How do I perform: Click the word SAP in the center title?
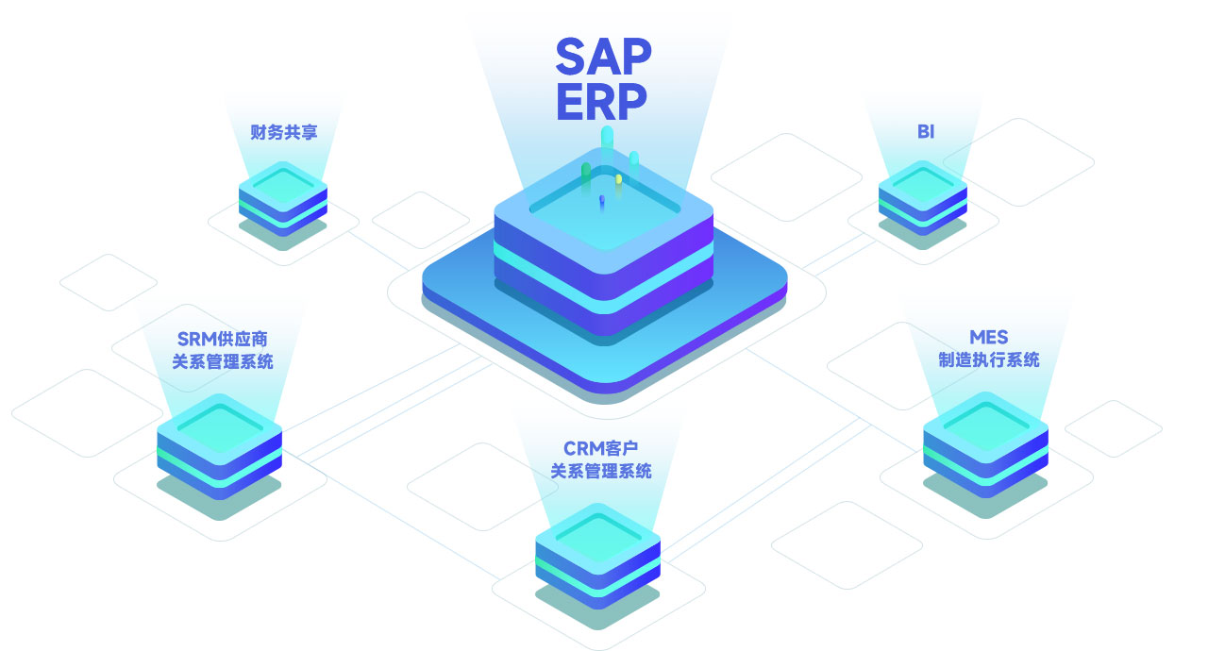(x=602, y=58)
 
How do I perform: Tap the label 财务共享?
(x=284, y=132)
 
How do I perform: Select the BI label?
(x=925, y=132)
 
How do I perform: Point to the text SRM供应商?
(x=224, y=339)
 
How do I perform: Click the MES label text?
(x=988, y=338)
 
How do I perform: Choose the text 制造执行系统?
(x=988, y=359)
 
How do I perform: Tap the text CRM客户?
(x=600, y=448)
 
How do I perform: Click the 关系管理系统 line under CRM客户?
(x=600, y=471)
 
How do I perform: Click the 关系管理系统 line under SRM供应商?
(x=224, y=361)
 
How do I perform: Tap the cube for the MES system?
(x=985, y=443)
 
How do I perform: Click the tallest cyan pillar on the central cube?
(x=607, y=156)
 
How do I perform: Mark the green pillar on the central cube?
(x=586, y=175)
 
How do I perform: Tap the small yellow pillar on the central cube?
(x=619, y=179)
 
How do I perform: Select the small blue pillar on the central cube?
(x=601, y=202)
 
